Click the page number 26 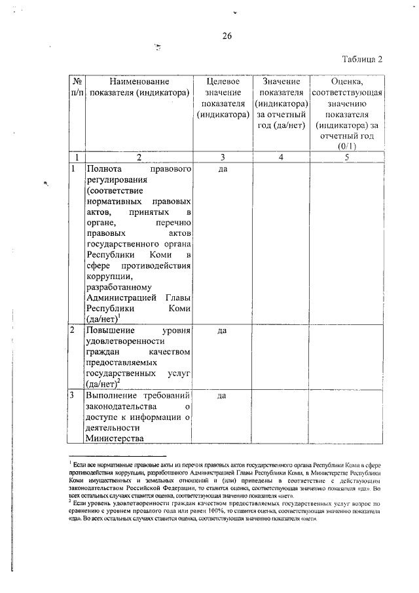point(227,35)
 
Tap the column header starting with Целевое point(222,98)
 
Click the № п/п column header point(77,88)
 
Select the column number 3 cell point(222,157)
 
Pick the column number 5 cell point(346,157)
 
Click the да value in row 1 point(222,169)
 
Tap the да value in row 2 point(222,331)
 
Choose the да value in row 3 point(222,396)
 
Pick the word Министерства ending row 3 point(115,439)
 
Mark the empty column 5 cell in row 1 point(346,242)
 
